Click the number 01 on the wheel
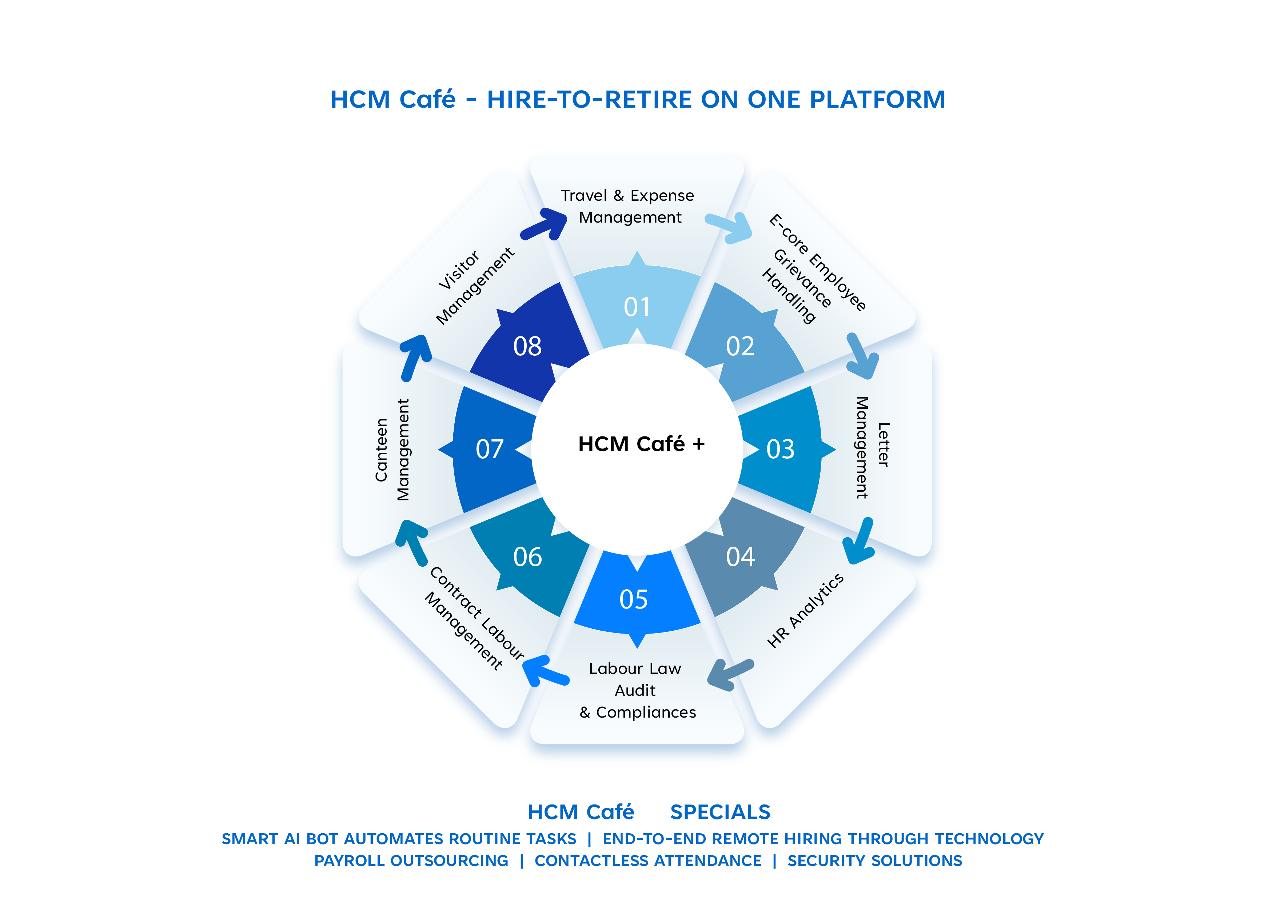coord(637,307)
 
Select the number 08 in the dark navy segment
coord(527,347)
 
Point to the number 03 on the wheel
coord(780,450)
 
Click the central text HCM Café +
coord(641,444)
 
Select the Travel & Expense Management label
coord(628,206)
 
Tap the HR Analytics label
coord(805,610)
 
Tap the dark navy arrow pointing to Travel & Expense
coord(546,224)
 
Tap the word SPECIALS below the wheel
coord(720,812)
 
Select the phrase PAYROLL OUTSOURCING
coord(411,861)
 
